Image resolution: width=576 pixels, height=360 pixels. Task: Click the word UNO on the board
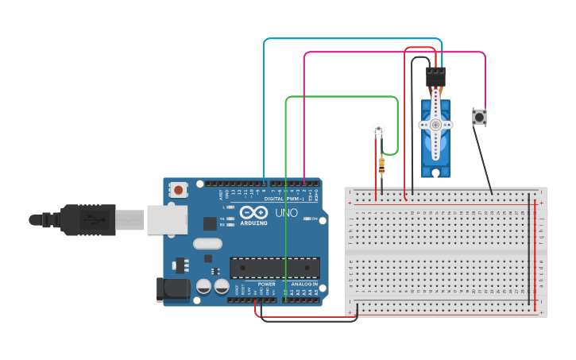pyautogui.click(x=286, y=213)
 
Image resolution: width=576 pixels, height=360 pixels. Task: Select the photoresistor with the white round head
pyautogui.click(x=379, y=129)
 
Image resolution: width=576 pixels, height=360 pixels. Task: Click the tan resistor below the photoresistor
pyautogui.click(x=382, y=166)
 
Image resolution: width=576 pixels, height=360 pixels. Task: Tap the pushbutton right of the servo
pyautogui.click(x=479, y=117)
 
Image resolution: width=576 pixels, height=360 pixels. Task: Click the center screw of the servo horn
pyautogui.click(x=435, y=125)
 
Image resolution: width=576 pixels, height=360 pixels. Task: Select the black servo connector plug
pyautogui.click(x=435, y=77)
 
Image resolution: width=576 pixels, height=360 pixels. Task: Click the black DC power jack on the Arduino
pyautogui.click(x=172, y=289)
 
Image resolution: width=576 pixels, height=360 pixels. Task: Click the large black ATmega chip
pyautogui.click(x=275, y=268)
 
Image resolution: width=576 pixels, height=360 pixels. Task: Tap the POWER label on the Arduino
pyautogui.click(x=267, y=284)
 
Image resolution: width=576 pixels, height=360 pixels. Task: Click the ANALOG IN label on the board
pyautogui.click(x=303, y=284)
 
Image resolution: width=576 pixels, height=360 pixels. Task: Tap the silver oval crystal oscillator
pyautogui.click(x=207, y=244)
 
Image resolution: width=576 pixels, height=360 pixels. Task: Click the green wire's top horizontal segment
pyautogui.click(x=342, y=97)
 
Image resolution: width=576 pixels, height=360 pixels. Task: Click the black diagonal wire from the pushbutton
pyautogui.click(x=483, y=160)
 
